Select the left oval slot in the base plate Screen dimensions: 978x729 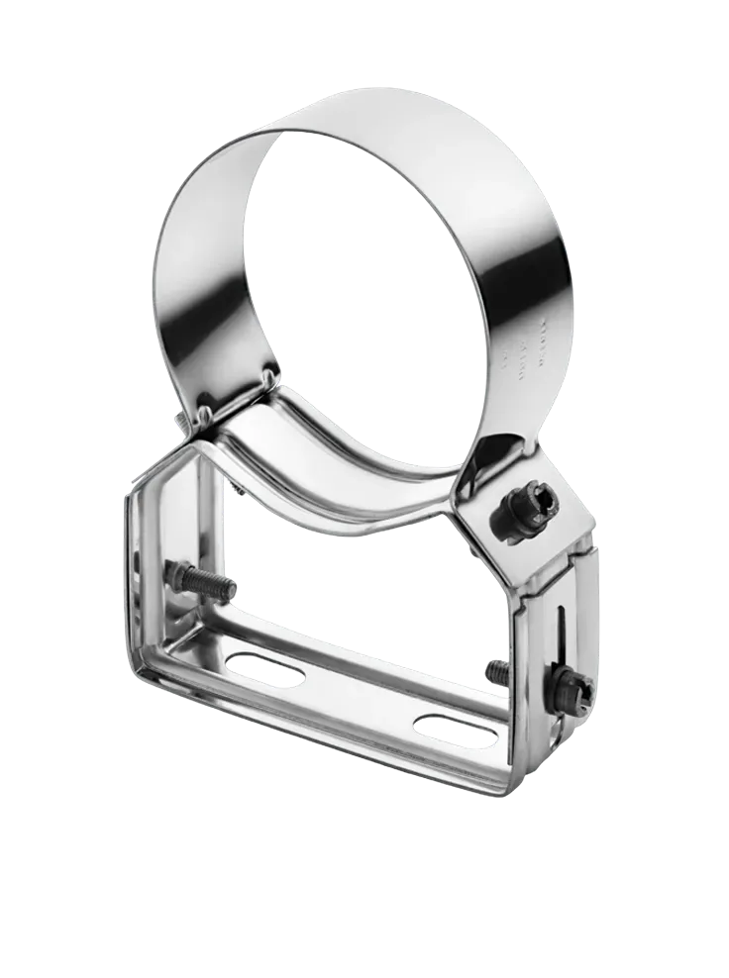point(266,666)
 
